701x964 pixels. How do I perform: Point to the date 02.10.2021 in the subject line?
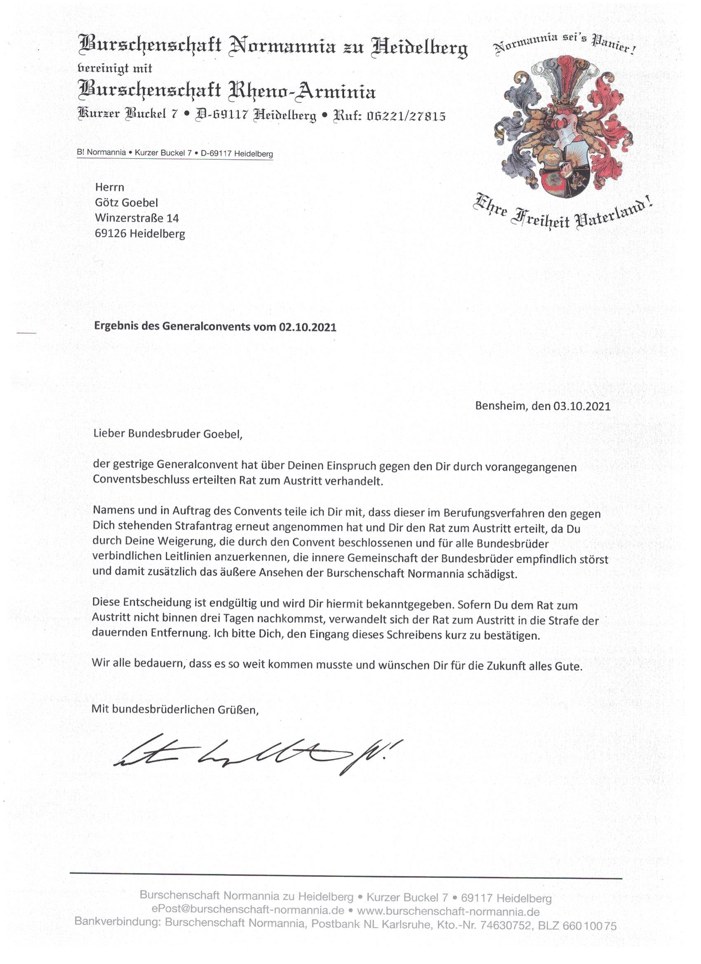(308, 327)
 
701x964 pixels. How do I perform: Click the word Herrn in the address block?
(110, 188)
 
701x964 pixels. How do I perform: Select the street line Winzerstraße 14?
(137, 219)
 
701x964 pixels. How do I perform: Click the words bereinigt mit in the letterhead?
(115, 68)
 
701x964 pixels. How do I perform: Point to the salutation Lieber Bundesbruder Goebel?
(167, 435)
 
